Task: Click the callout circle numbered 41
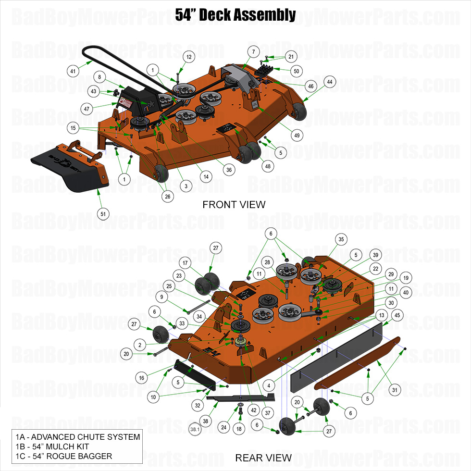(73, 71)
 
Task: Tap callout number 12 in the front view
(189, 57)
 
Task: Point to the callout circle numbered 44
(330, 82)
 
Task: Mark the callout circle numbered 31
(395, 390)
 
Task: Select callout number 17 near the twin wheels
(185, 263)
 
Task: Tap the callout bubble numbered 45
(397, 315)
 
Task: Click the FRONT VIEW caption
(234, 205)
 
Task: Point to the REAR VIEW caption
(263, 458)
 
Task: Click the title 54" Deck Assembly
(235, 15)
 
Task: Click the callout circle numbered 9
(162, 297)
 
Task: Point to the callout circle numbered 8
(99, 77)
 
